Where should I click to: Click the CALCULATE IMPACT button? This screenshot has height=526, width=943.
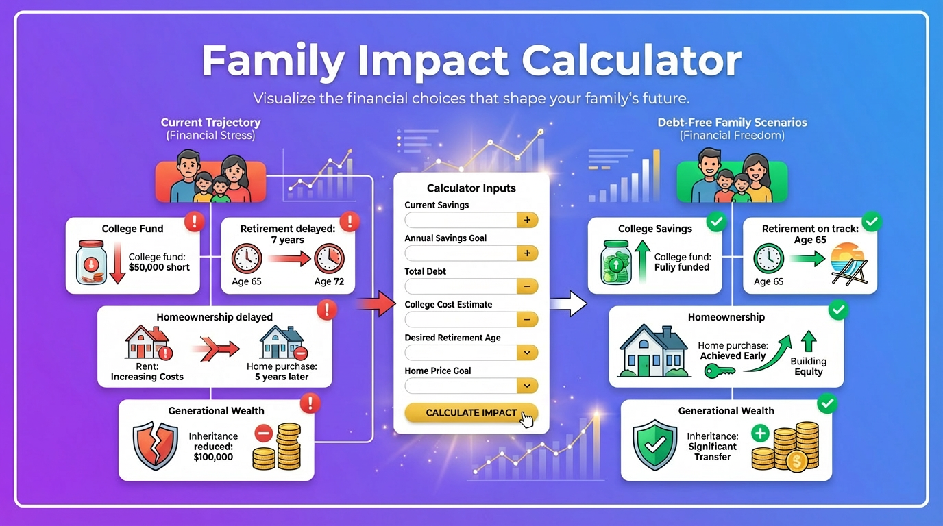pos(471,413)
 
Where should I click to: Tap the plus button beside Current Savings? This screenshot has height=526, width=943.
pos(526,220)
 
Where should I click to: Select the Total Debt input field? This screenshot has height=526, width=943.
pos(460,286)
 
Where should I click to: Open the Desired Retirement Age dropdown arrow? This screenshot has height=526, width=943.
pos(526,353)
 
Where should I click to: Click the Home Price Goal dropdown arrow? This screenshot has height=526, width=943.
pos(526,386)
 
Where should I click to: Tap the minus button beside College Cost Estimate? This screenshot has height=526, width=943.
pos(526,320)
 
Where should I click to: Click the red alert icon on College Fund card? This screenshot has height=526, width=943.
pos(195,221)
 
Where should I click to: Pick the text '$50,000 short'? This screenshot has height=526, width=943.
pos(159,267)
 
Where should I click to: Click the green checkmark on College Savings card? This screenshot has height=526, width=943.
pos(716,221)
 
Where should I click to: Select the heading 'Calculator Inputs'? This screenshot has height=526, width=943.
pos(471,188)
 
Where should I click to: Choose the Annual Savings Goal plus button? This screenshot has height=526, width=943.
pos(526,253)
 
